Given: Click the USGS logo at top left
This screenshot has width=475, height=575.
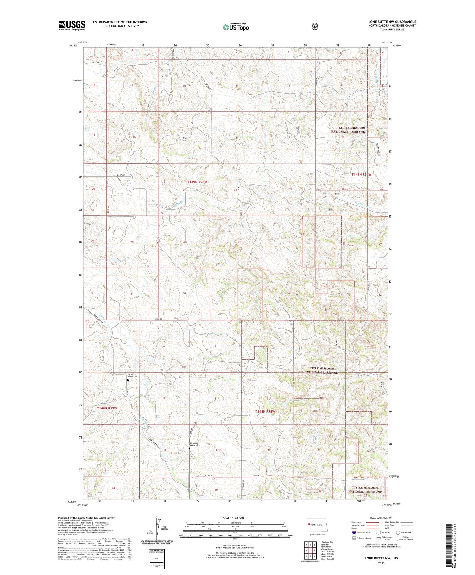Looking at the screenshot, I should coord(72,25).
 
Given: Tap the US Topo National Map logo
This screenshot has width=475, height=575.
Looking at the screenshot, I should coord(236,27).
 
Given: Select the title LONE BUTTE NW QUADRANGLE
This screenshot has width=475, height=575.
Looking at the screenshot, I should coord(392,22).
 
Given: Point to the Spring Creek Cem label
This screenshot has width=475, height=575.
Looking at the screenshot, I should coord(133,375).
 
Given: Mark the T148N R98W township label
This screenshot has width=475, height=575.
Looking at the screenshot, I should coord(265,411).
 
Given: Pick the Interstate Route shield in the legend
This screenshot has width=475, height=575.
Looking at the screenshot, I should coord(354,533).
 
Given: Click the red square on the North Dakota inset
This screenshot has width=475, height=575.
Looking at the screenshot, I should coord(308,524).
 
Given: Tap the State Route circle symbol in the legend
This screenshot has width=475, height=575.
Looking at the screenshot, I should coord(398,533).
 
